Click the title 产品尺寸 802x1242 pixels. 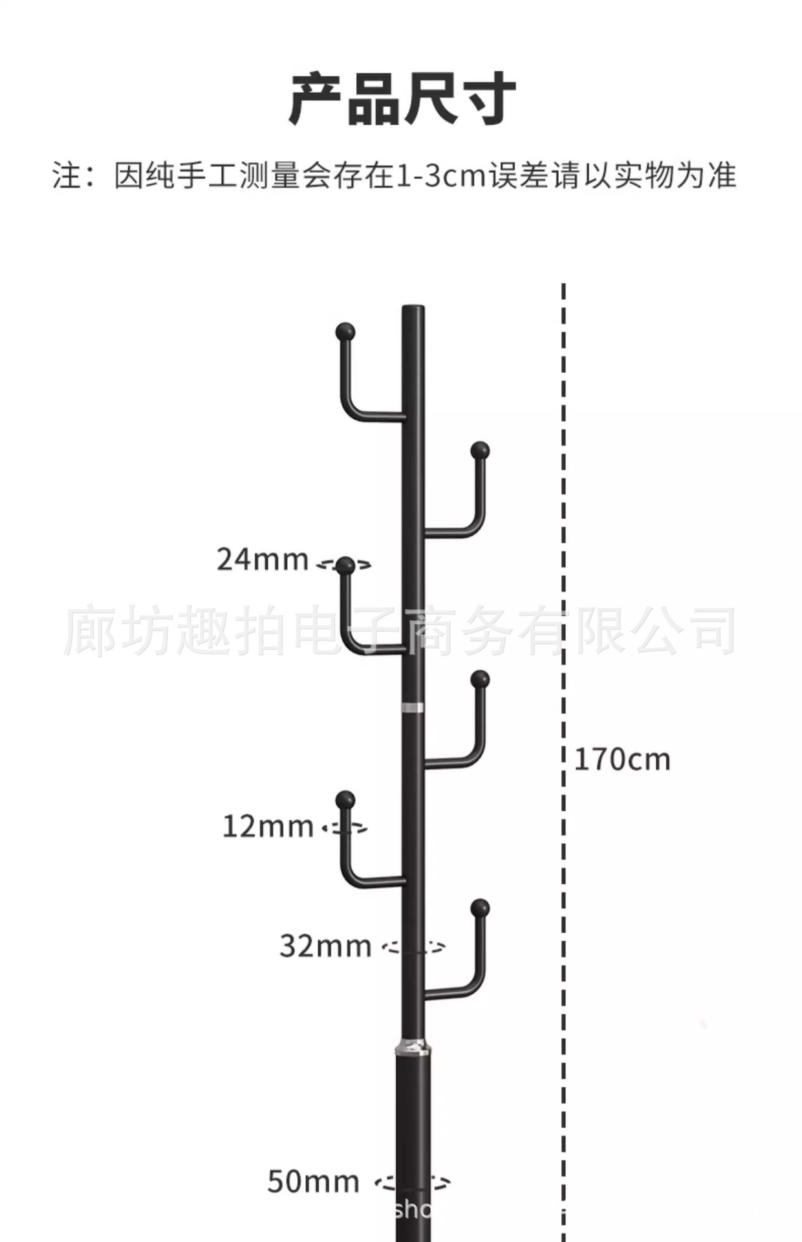click(x=401, y=99)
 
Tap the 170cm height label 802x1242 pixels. click(x=622, y=759)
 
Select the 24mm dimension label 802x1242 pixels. click(x=262, y=560)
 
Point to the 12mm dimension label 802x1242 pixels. click(x=268, y=827)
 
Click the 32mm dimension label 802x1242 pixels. click(x=325, y=946)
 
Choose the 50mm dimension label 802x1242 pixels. click(x=313, y=1182)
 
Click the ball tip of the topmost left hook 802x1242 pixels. click(x=346, y=332)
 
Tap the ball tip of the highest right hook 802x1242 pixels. click(x=480, y=450)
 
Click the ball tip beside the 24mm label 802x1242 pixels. click(x=346, y=566)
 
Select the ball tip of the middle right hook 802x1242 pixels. click(x=480, y=679)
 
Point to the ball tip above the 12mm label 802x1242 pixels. click(x=346, y=799)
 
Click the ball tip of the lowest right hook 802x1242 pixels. click(x=480, y=908)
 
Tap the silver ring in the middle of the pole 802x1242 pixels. click(x=413, y=707)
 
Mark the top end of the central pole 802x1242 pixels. click(x=413, y=309)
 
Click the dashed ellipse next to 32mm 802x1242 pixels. click(x=413, y=948)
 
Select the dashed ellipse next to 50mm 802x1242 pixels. click(x=413, y=1184)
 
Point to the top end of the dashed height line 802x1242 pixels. click(x=563, y=286)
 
